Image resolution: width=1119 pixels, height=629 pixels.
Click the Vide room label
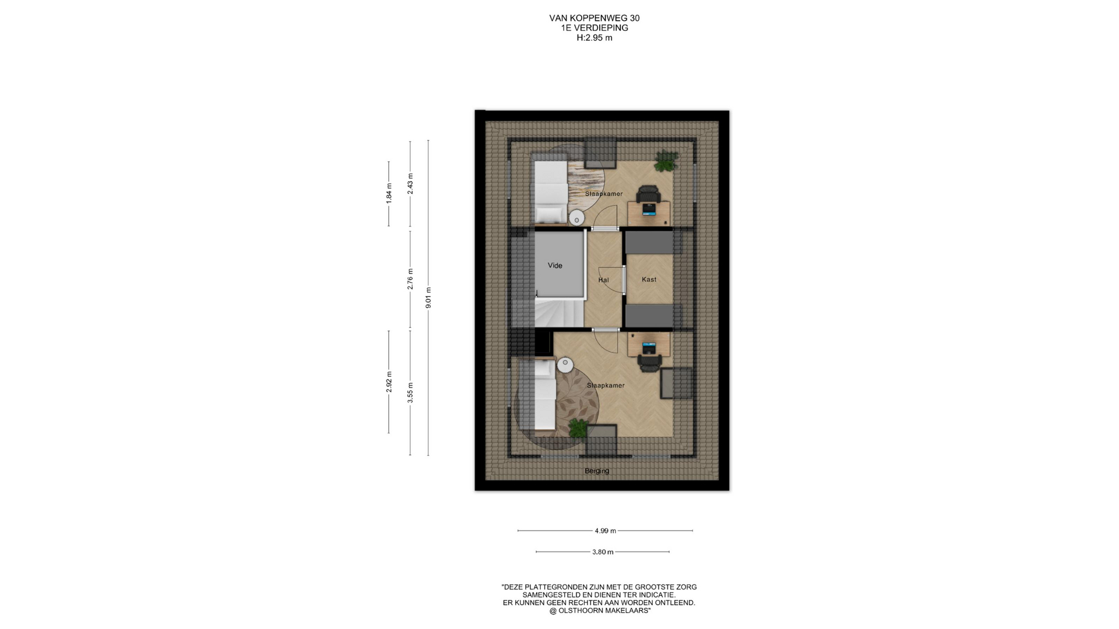click(x=555, y=266)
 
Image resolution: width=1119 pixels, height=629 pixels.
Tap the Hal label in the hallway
click(x=603, y=280)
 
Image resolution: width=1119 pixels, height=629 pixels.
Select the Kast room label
click(x=649, y=280)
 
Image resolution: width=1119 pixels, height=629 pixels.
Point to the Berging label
click(x=597, y=471)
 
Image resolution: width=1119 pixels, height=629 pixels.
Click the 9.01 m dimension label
click(x=428, y=298)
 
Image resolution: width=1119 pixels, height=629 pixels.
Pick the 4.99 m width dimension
click(x=605, y=531)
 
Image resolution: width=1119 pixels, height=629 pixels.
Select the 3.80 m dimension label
click(x=603, y=552)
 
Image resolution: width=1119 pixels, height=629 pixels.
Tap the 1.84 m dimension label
click(x=389, y=193)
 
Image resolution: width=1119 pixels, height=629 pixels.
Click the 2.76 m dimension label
click(x=410, y=279)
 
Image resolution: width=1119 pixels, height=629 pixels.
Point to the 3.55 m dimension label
click(x=410, y=393)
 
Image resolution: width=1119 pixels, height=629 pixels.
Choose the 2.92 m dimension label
click(x=389, y=381)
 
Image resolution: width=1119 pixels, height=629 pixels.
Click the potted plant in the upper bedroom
click(x=666, y=161)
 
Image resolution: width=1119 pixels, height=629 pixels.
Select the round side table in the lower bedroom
click(x=565, y=365)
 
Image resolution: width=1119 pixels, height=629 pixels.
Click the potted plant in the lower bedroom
click(x=578, y=428)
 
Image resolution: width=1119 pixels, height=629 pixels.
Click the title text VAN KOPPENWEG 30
click(x=594, y=18)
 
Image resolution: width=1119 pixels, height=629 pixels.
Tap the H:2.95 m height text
click(x=594, y=38)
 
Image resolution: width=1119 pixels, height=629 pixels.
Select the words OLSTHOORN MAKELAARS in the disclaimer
click(x=603, y=610)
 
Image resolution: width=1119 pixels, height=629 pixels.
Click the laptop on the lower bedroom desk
click(x=649, y=348)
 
